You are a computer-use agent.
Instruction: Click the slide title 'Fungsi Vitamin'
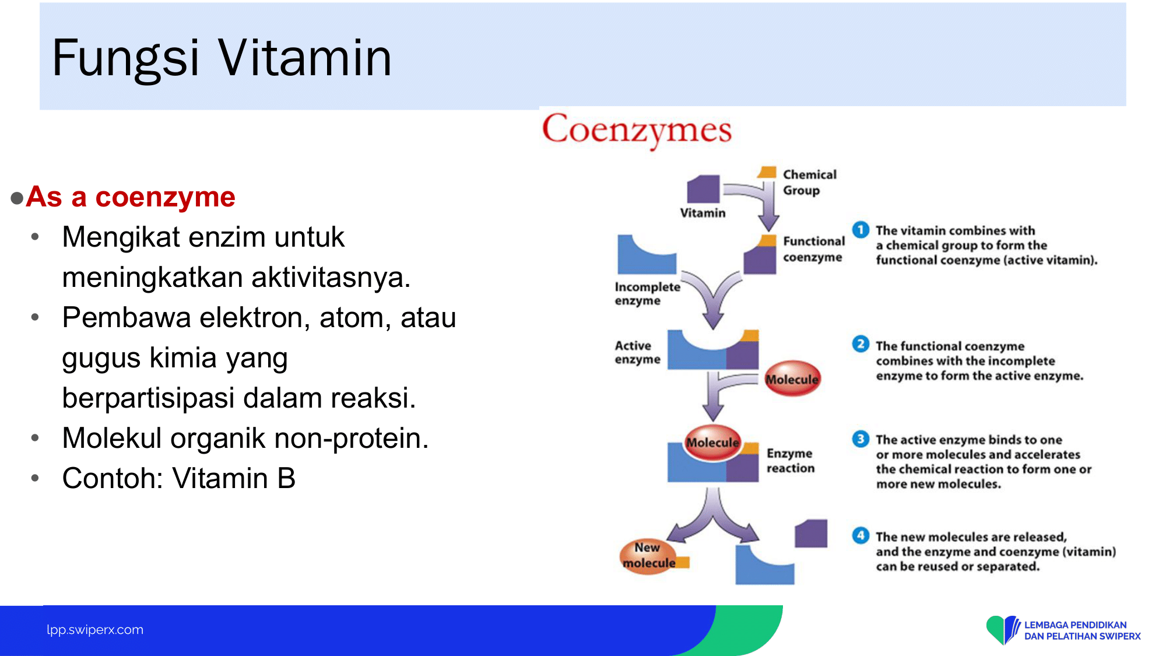pos(222,58)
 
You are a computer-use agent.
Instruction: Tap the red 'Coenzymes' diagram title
pos(637,130)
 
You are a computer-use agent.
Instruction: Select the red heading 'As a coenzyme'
pos(131,197)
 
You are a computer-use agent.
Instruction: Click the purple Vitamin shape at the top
pos(704,189)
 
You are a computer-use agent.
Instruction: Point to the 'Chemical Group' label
pos(809,183)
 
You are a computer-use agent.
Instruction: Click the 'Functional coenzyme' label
pos(813,249)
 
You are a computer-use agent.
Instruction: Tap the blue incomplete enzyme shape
pos(647,255)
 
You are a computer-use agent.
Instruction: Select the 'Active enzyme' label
pos(637,352)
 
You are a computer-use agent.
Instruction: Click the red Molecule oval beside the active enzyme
pos(792,378)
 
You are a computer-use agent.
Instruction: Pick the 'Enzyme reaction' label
pos(790,460)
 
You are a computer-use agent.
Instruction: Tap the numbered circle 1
pos(861,230)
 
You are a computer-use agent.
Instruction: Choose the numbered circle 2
pos(861,344)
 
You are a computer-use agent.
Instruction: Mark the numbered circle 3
pos(861,438)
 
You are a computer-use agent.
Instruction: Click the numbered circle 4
pos(861,535)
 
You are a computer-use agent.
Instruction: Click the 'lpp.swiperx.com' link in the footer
pos(95,630)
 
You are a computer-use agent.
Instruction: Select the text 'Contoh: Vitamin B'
pos(179,478)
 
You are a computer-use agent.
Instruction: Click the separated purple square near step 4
pos(811,533)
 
